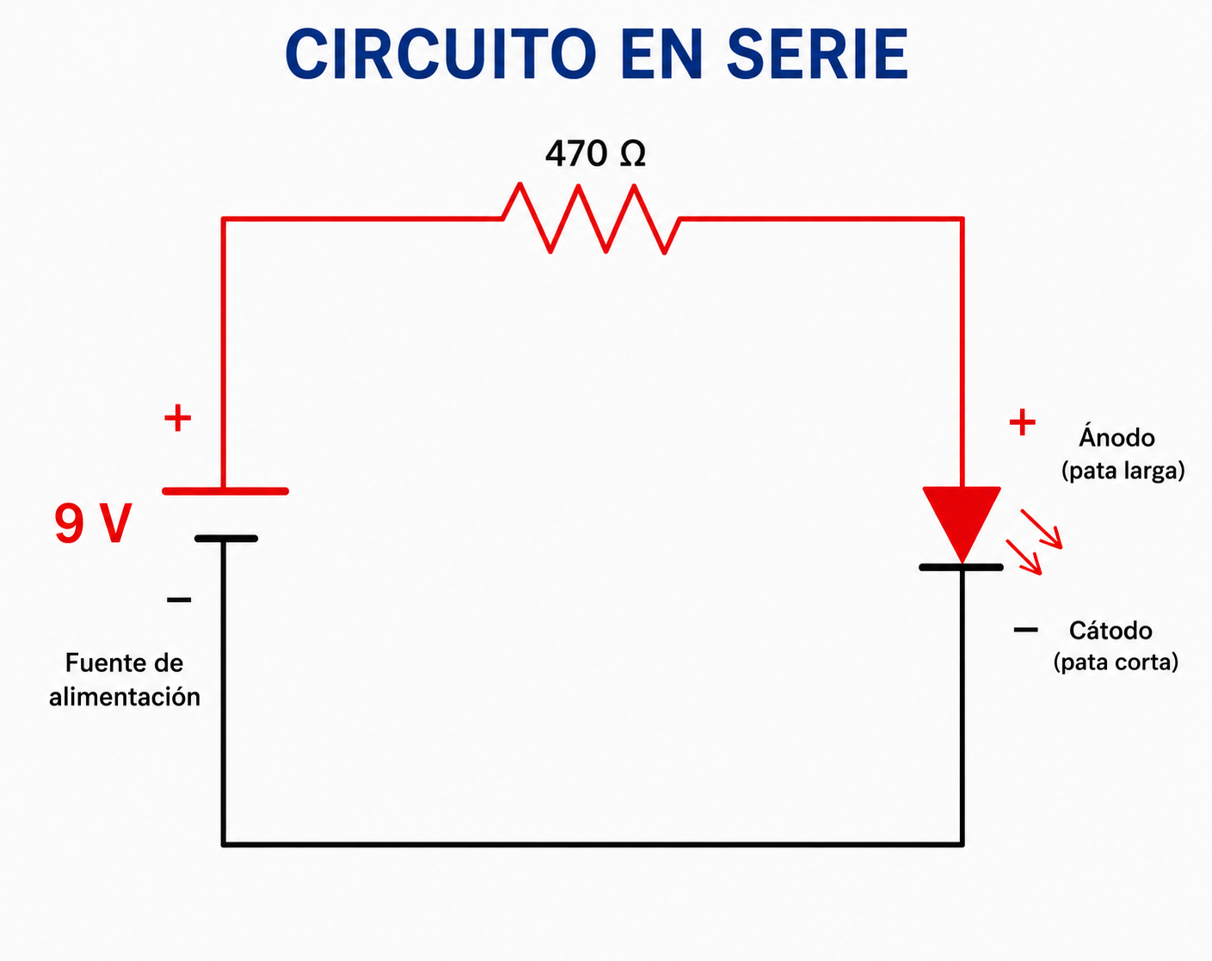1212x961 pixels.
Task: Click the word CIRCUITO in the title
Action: tap(440, 54)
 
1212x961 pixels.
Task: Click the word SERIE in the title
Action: tap(817, 54)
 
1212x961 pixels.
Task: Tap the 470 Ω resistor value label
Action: tap(595, 153)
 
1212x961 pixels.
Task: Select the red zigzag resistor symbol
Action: tap(592, 219)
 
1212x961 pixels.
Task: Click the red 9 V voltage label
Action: tap(94, 523)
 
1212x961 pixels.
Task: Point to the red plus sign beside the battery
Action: tap(177, 418)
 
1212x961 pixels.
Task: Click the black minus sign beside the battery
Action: tap(179, 600)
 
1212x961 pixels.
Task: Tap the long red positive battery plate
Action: tap(225, 491)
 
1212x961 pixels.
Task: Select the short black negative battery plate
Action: tap(226, 539)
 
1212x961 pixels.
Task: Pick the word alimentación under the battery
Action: tap(125, 697)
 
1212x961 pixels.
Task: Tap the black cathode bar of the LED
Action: tap(962, 567)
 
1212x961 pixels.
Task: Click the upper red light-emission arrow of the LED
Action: tap(1042, 529)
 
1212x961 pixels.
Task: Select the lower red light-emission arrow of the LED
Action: tap(1024, 558)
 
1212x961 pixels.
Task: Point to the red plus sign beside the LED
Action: tap(1022, 422)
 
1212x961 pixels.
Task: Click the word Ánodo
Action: tap(1117, 436)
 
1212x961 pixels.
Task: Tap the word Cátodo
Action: tap(1110, 631)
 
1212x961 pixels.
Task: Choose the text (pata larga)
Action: tap(1123, 471)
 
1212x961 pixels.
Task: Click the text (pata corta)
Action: tap(1116, 662)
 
